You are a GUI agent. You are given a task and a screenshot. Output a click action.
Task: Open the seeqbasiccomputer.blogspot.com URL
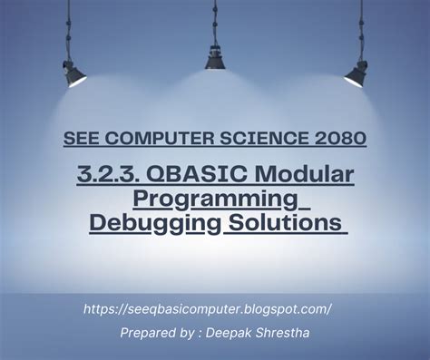[207, 308]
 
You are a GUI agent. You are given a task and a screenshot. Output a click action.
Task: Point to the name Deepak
[238, 333]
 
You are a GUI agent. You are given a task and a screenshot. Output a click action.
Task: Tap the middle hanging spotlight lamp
[215, 56]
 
